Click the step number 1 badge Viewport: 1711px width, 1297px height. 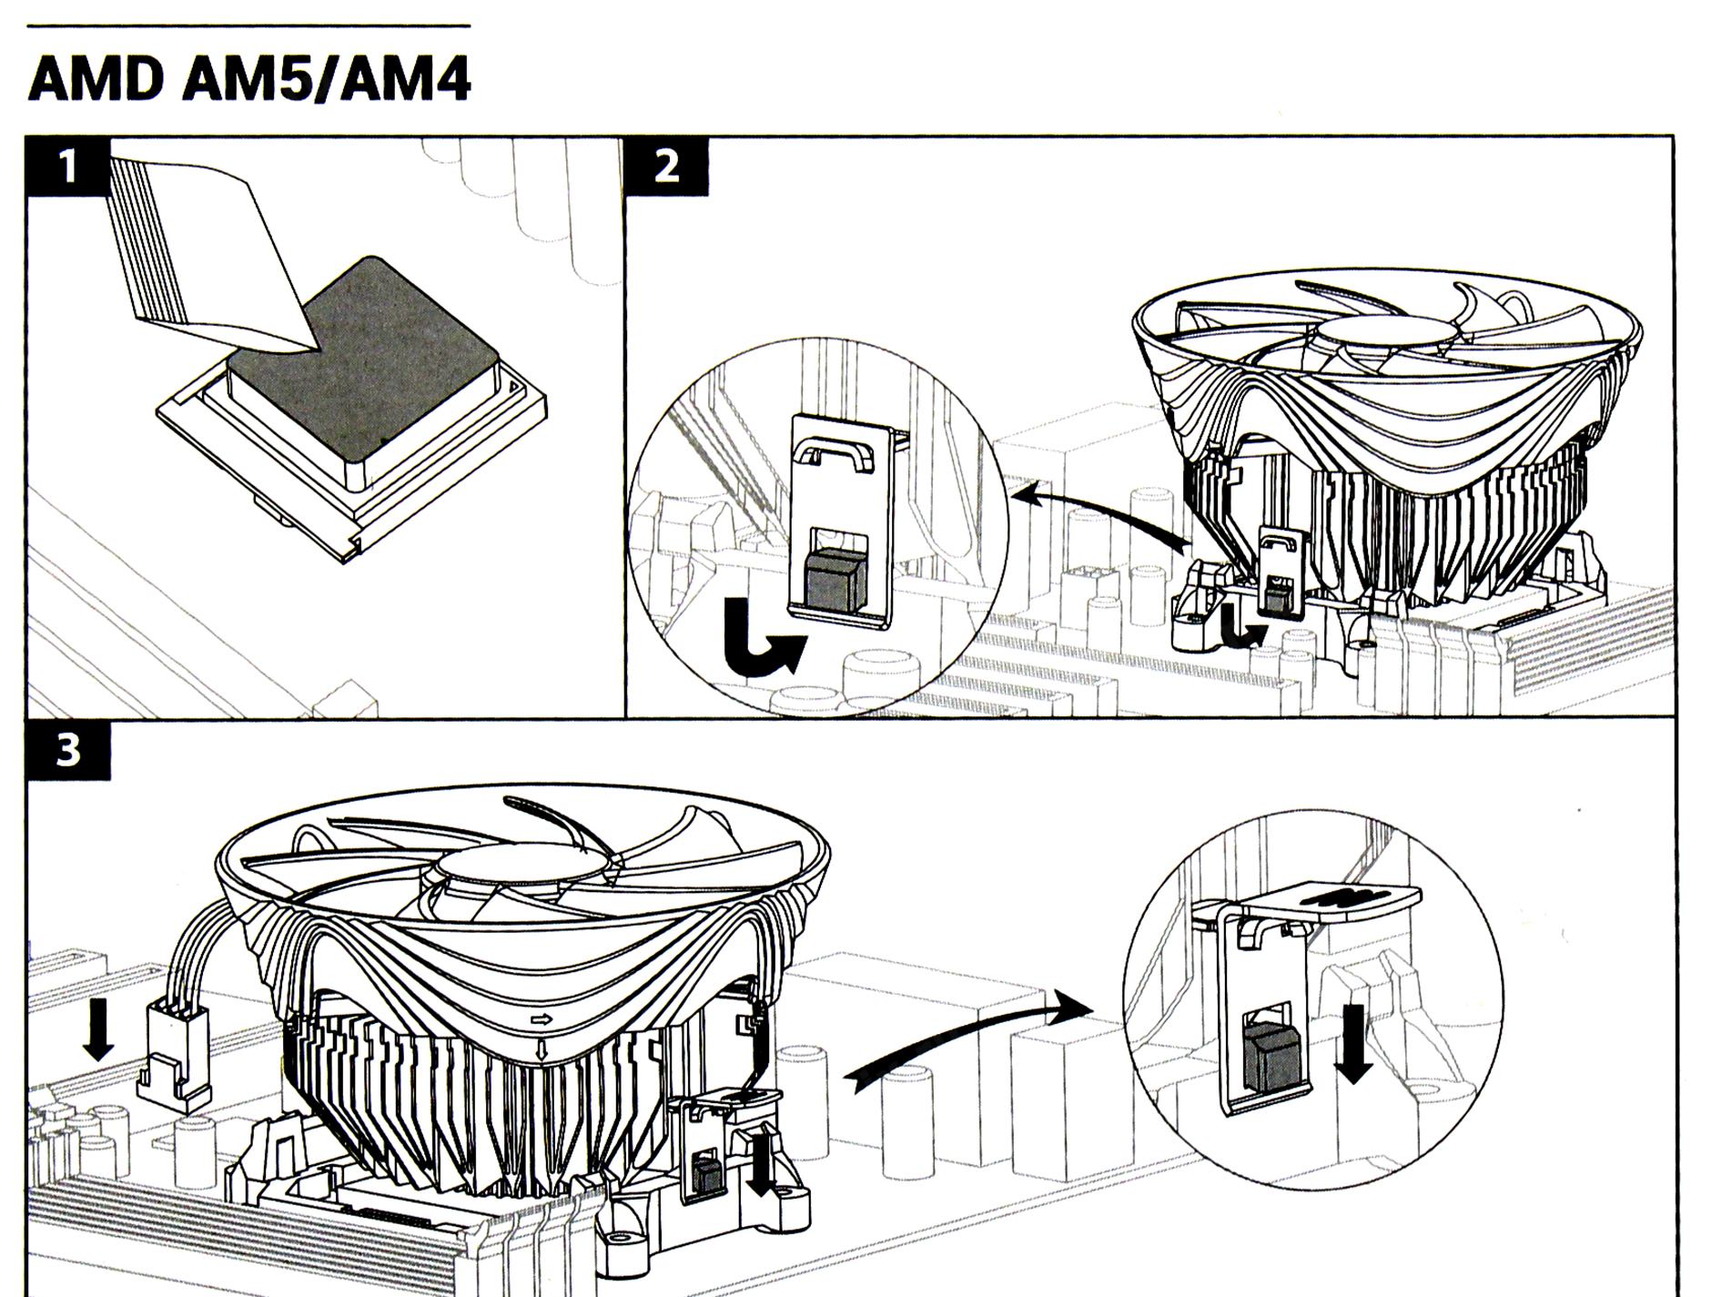pyautogui.click(x=68, y=167)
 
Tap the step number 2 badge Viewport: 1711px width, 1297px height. pyautogui.click(x=666, y=167)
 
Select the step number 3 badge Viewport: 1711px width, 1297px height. pyautogui.click(x=68, y=751)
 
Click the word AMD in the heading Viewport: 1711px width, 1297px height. pyautogui.click(x=96, y=80)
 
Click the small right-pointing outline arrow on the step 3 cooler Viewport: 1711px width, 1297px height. pyautogui.click(x=542, y=1018)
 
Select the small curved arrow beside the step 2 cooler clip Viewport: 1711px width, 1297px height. pyautogui.click(x=1240, y=633)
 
